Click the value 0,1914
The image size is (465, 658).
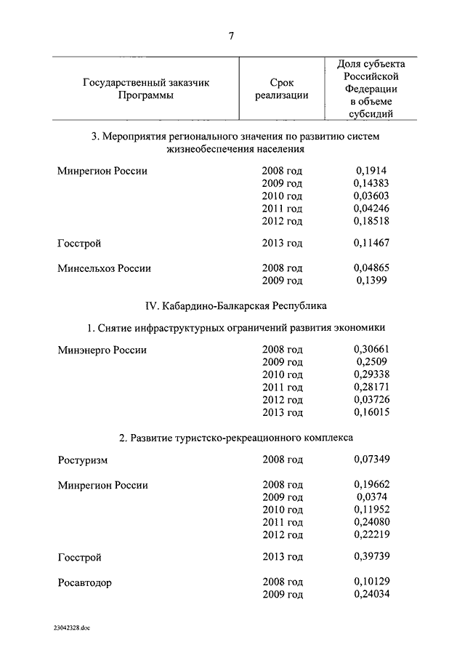coord(371,171)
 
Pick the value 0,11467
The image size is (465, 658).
coord(371,243)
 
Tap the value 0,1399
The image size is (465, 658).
coord(371,280)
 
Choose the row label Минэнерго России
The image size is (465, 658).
coord(102,350)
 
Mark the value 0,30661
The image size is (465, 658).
coord(371,350)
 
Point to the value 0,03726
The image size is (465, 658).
coord(371,400)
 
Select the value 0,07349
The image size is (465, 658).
coord(371,460)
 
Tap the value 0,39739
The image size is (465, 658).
coord(371,558)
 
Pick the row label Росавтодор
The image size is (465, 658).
coord(85,582)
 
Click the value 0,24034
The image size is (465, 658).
coord(371,595)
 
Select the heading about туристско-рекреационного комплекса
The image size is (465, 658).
coord(232,438)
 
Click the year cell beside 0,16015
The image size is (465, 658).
coord(282,412)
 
